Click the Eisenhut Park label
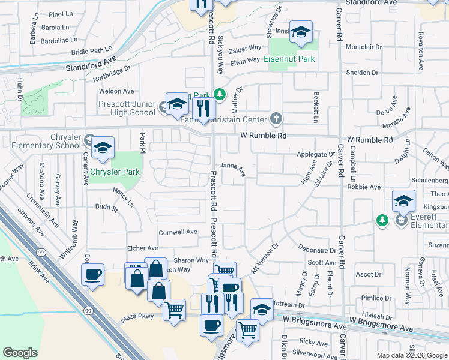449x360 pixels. (289, 59)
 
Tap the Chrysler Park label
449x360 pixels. (115, 172)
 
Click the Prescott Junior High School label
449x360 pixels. (127, 108)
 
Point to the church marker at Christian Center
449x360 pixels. (276, 118)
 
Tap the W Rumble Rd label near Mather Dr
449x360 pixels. (264, 136)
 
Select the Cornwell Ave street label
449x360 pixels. (178, 232)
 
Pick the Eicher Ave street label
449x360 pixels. (142, 248)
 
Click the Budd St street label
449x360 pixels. (107, 208)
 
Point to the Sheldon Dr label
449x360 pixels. (362, 73)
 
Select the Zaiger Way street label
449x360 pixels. (246, 47)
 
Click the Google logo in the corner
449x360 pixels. (20, 353)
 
